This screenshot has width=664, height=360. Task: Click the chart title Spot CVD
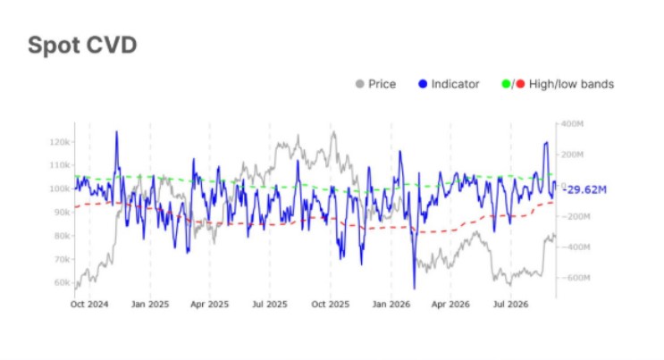pyautogui.click(x=82, y=46)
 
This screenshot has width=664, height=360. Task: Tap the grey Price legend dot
pyautogui.click(x=360, y=84)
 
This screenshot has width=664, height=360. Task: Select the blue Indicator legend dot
pyautogui.click(x=423, y=84)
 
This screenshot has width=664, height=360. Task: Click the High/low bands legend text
pyautogui.click(x=571, y=84)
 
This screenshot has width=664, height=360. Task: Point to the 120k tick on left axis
pyautogui.click(x=60, y=142)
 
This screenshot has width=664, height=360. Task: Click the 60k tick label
pyautogui.click(x=62, y=282)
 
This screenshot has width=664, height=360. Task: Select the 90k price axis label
pyautogui.click(x=62, y=213)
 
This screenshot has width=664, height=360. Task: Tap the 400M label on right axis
pyautogui.click(x=572, y=124)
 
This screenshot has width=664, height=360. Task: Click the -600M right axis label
pyautogui.click(x=576, y=278)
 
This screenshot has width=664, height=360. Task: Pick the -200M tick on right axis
pyautogui.click(x=576, y=216)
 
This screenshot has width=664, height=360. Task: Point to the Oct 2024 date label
pyautogui.click(x=89, y=304)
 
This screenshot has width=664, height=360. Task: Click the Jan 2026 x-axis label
pyautogui.click(x=391, y=304)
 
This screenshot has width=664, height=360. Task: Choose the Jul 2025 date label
pyautogui.click(x=270, y=304)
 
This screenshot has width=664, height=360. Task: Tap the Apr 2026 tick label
pyautogui.click(x=450, y=304)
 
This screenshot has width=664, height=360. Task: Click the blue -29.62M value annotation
pyautogui.click(x=584, y=189)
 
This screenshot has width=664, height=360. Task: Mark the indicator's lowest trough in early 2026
pyautogui.click(x=414, y=289)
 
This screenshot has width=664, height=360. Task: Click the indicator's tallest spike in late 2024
pyautogui.click(x=116, y=131)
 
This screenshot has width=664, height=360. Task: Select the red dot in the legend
pyautogui.click(x=520, y=84)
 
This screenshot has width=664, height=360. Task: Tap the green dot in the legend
pyautogui.click(x=506, y=84)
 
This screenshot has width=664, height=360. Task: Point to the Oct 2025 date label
pyautogui.click(x=331, y=304)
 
